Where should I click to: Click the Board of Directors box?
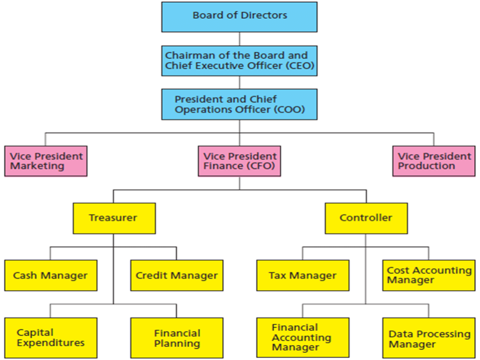pyautogui.click(x=239, y=17)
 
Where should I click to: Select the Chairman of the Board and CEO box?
pyautogui.click(x=239, y=60)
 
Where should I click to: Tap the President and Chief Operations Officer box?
pyautogui.click(x=239, y=104)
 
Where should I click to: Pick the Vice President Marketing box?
pyautogui.click(x=45, y=161)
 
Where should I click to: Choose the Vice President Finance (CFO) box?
pyautogui.click(x=239, y=161)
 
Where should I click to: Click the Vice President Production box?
pyautogui.click(x=434, y=161)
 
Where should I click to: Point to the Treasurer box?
pyautogui.click(x=114, y=218)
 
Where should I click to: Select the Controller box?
pyautogui.click(x=366, y=218)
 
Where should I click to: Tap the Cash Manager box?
pyautogui.click(x=51, y=275)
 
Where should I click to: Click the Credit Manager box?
pyautogui.click(x=177, y=275)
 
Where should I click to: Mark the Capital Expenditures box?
pyautogui.click(x=51, y=338)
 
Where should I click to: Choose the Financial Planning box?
pyautogui.click(x=177, y=338)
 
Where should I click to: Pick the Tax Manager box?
pyautogui.click(x=302, y=275)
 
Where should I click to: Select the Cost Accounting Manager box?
pyautogui.click(x=429, y=275)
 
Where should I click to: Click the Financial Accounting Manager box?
pyautogui.click(x=302, y=338)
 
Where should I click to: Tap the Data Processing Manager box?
pyautogui.click(x=429, y=338)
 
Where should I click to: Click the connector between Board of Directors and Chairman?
pyautogui.click(x=240, y=39)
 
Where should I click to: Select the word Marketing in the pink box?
pyautogui.click(x=37, y=166)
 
